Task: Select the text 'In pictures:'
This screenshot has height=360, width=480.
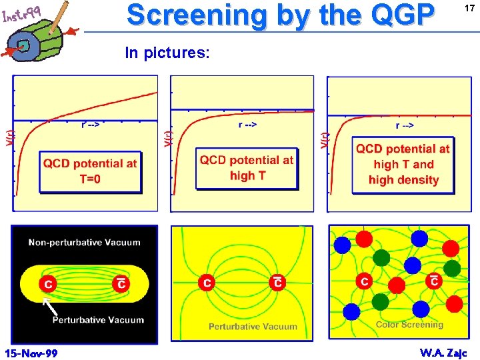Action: tap(167, 53)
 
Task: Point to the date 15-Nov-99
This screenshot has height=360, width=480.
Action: tap(31, 352)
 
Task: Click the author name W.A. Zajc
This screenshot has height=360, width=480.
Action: tap(444, 352)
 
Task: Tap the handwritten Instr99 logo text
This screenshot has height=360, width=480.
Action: tap(22, 14)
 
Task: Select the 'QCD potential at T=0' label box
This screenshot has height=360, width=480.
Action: tap(90, 171)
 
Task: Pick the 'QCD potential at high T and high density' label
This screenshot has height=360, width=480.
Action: tap(403, 164)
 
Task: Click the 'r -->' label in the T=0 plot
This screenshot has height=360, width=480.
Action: tap(91, 124)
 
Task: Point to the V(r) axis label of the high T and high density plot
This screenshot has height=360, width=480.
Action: tap(325, 140)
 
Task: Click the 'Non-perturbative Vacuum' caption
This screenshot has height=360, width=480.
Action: tap(84, 243)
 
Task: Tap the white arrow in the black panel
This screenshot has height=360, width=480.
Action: tap(47, 306)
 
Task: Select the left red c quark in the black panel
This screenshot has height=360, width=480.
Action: tap(48, 284)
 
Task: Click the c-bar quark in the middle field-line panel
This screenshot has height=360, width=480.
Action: tap(277, 283)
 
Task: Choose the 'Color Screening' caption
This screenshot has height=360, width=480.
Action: tap(409, 325)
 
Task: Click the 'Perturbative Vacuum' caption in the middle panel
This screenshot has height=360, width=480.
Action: tap(253, 327)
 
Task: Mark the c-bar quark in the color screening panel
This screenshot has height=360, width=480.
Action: tap(434, 281)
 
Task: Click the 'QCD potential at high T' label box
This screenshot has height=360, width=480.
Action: tap(247, 167)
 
